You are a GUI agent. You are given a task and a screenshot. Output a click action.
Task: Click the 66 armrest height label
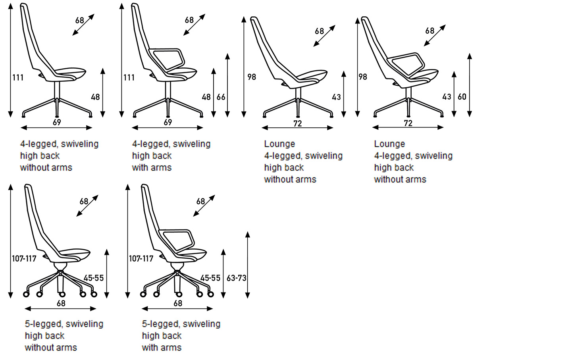point(221,97)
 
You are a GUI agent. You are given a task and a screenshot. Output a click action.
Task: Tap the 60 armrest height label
point(462,97)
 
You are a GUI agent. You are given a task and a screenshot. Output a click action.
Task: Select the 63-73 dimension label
point(236,278)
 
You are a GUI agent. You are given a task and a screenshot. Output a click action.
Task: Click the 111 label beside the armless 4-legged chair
point(18,77)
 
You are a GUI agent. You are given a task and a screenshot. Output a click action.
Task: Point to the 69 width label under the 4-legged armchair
point(168,122)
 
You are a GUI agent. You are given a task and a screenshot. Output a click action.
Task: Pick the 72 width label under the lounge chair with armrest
point(408,123)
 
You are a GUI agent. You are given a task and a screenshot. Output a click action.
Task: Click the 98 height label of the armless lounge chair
point(252,77)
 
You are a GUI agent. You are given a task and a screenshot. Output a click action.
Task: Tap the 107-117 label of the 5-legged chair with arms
point(141,258)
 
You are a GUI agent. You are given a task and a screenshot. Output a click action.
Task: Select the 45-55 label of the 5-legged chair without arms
point(94,278)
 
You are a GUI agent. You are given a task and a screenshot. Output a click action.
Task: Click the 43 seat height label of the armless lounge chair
point(337,97)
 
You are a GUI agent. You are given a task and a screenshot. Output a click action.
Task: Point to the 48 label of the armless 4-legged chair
point(95,97)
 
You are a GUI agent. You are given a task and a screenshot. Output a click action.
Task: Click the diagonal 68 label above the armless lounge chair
point(319,31)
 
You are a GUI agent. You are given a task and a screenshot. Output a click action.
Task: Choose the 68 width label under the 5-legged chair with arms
point(178,303)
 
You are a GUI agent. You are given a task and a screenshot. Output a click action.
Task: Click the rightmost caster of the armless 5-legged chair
point(94,294)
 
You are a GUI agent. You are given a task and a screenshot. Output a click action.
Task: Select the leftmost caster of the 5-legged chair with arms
point(143,295)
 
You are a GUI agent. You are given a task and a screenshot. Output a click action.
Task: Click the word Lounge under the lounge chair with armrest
point(389,144)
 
